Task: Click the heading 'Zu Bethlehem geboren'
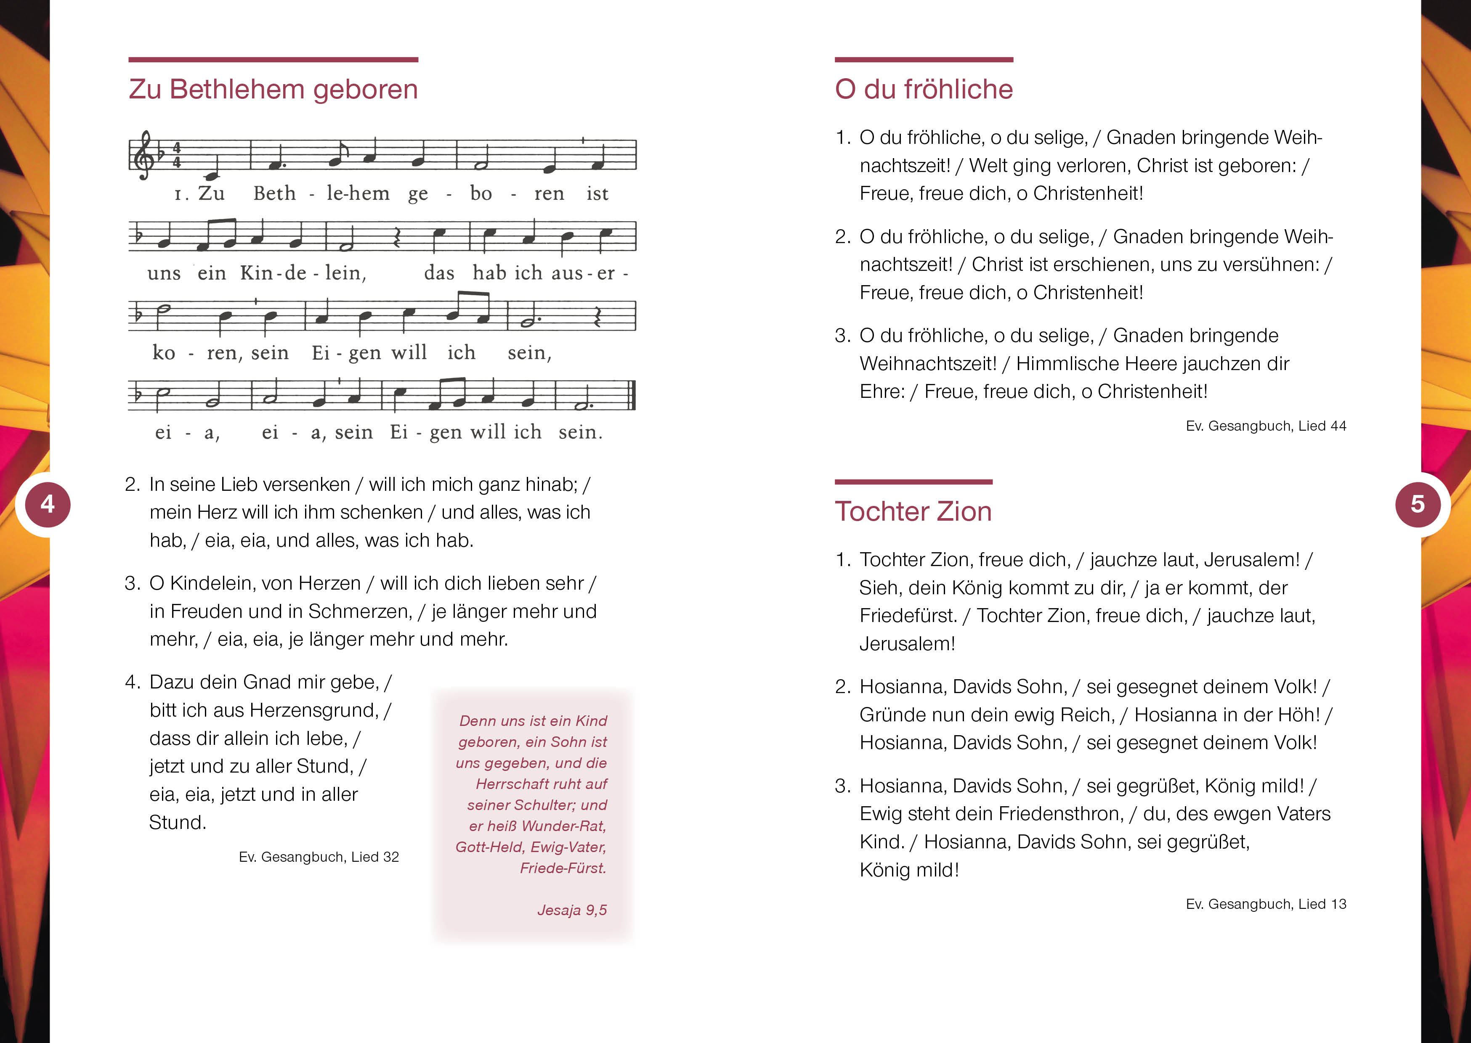click(273, 89)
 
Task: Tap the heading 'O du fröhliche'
click(923, 89)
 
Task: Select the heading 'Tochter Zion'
click(912, 512)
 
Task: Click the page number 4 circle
click(48, 504)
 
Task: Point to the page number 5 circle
click(1418, 504)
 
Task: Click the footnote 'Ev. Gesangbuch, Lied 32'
click(319, 857)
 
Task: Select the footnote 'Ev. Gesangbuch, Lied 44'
click(1265, 426)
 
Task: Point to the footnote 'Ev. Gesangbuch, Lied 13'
click(1265, 904)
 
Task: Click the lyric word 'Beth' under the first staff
click(274, 193)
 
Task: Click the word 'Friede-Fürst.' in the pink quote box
click(563, 868)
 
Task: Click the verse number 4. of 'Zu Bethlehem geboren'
click(132, 682)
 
